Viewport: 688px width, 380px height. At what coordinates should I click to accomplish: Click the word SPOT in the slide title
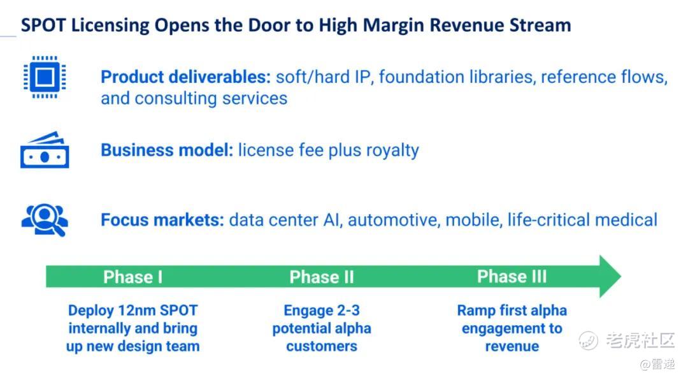coord(44,25)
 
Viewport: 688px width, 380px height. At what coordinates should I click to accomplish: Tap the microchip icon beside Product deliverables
coord(45,77)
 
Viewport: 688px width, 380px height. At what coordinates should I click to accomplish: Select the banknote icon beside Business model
coord(45,150)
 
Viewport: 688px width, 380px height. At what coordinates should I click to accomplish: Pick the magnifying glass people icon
coord(45,220)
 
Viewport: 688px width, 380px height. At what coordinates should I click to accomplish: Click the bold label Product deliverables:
coord(186,77)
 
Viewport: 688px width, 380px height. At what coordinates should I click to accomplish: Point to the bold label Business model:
coord(167,150)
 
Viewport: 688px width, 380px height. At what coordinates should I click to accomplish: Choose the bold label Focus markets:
coord(162,220)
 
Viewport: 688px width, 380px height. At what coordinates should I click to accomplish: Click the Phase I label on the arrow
coord(133,277)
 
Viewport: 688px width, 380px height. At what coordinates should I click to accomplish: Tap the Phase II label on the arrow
coord(322,277)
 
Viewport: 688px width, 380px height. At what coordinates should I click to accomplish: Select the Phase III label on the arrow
coord(512,276)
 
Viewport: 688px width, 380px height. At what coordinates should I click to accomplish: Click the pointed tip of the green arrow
coord(621,276)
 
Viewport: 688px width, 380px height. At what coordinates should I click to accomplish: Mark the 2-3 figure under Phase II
coord(348,310)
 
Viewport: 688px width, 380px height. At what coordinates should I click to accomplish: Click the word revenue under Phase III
coord(512,346)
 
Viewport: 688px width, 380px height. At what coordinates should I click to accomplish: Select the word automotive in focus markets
coord(393,220)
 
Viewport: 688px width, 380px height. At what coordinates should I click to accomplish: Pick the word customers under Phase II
coord(322,346)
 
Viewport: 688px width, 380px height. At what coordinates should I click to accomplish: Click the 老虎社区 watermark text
coord(640,340)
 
